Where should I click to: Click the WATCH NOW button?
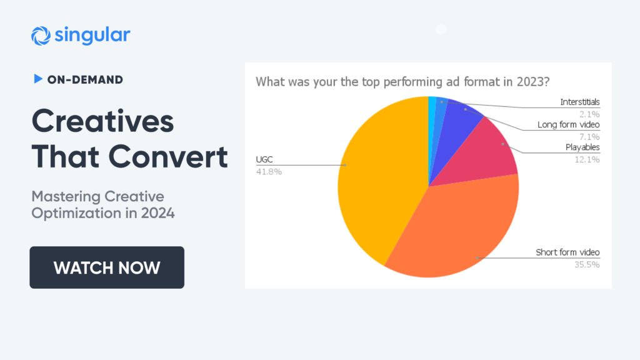click(x=107, y=267)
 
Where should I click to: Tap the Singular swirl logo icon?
click(x=41, y=36)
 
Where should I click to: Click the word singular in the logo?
click(x=92, y=35)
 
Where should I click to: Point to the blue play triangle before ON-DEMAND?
click(x=38, y=79)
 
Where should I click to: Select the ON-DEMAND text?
click(x=85, y=79)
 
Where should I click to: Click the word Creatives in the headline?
click(x=103, y=122)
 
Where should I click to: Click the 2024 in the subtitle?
click(x=158, y=213)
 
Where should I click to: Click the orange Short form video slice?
click(x=457, y=229)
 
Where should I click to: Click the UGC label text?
click(x=264, y=159)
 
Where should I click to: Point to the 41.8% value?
click(x=269, y=172)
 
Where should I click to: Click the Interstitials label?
click(x=579, y=102)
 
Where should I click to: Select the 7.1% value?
click(x=589, y=137)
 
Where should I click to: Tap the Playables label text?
click(x=582, y=147)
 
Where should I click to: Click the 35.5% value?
click(x=587, y=264)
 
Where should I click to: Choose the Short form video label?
click(x=567, y=252)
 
